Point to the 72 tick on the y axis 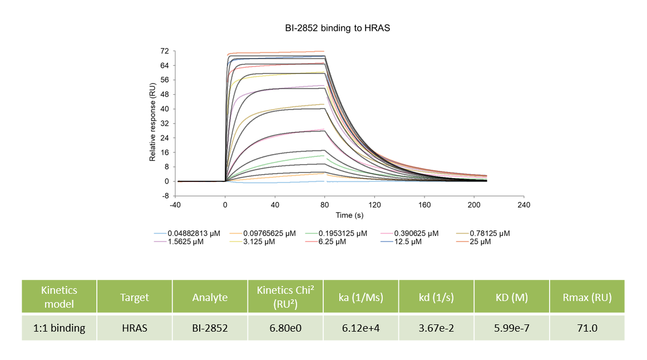[x=165, y=51]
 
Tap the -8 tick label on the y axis [x=165, y=196]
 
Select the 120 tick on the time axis [x=374, y=205]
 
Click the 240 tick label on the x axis [x=523, y=205]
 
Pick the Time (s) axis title [x=350, y=215]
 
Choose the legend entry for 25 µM [x=480, y=242]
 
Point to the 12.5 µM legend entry [x=406, y=242]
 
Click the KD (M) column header [x=512, y=297]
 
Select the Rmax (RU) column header [x=587, y=297]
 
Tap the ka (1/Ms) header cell [x=360, y=297]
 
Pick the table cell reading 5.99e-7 [x=512, y=328]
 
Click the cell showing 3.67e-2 [x=436, y=328]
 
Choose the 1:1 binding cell [x=59, y=328]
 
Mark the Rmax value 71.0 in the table [x=587, y=328]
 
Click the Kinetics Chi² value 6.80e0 [x=285, y=328]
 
